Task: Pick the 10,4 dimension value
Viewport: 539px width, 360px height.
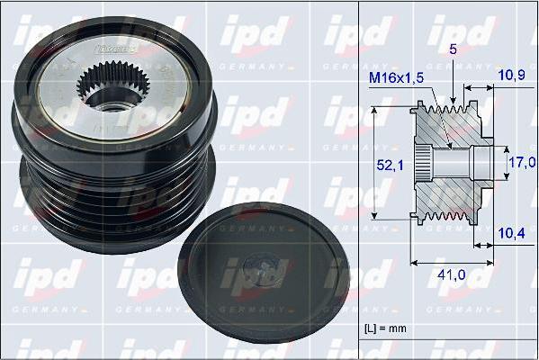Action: click(x=512, y=233)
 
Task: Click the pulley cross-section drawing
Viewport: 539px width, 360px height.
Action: click(x=450, y=162)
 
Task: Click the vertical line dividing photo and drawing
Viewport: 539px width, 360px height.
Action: click(x=358, y=180)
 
